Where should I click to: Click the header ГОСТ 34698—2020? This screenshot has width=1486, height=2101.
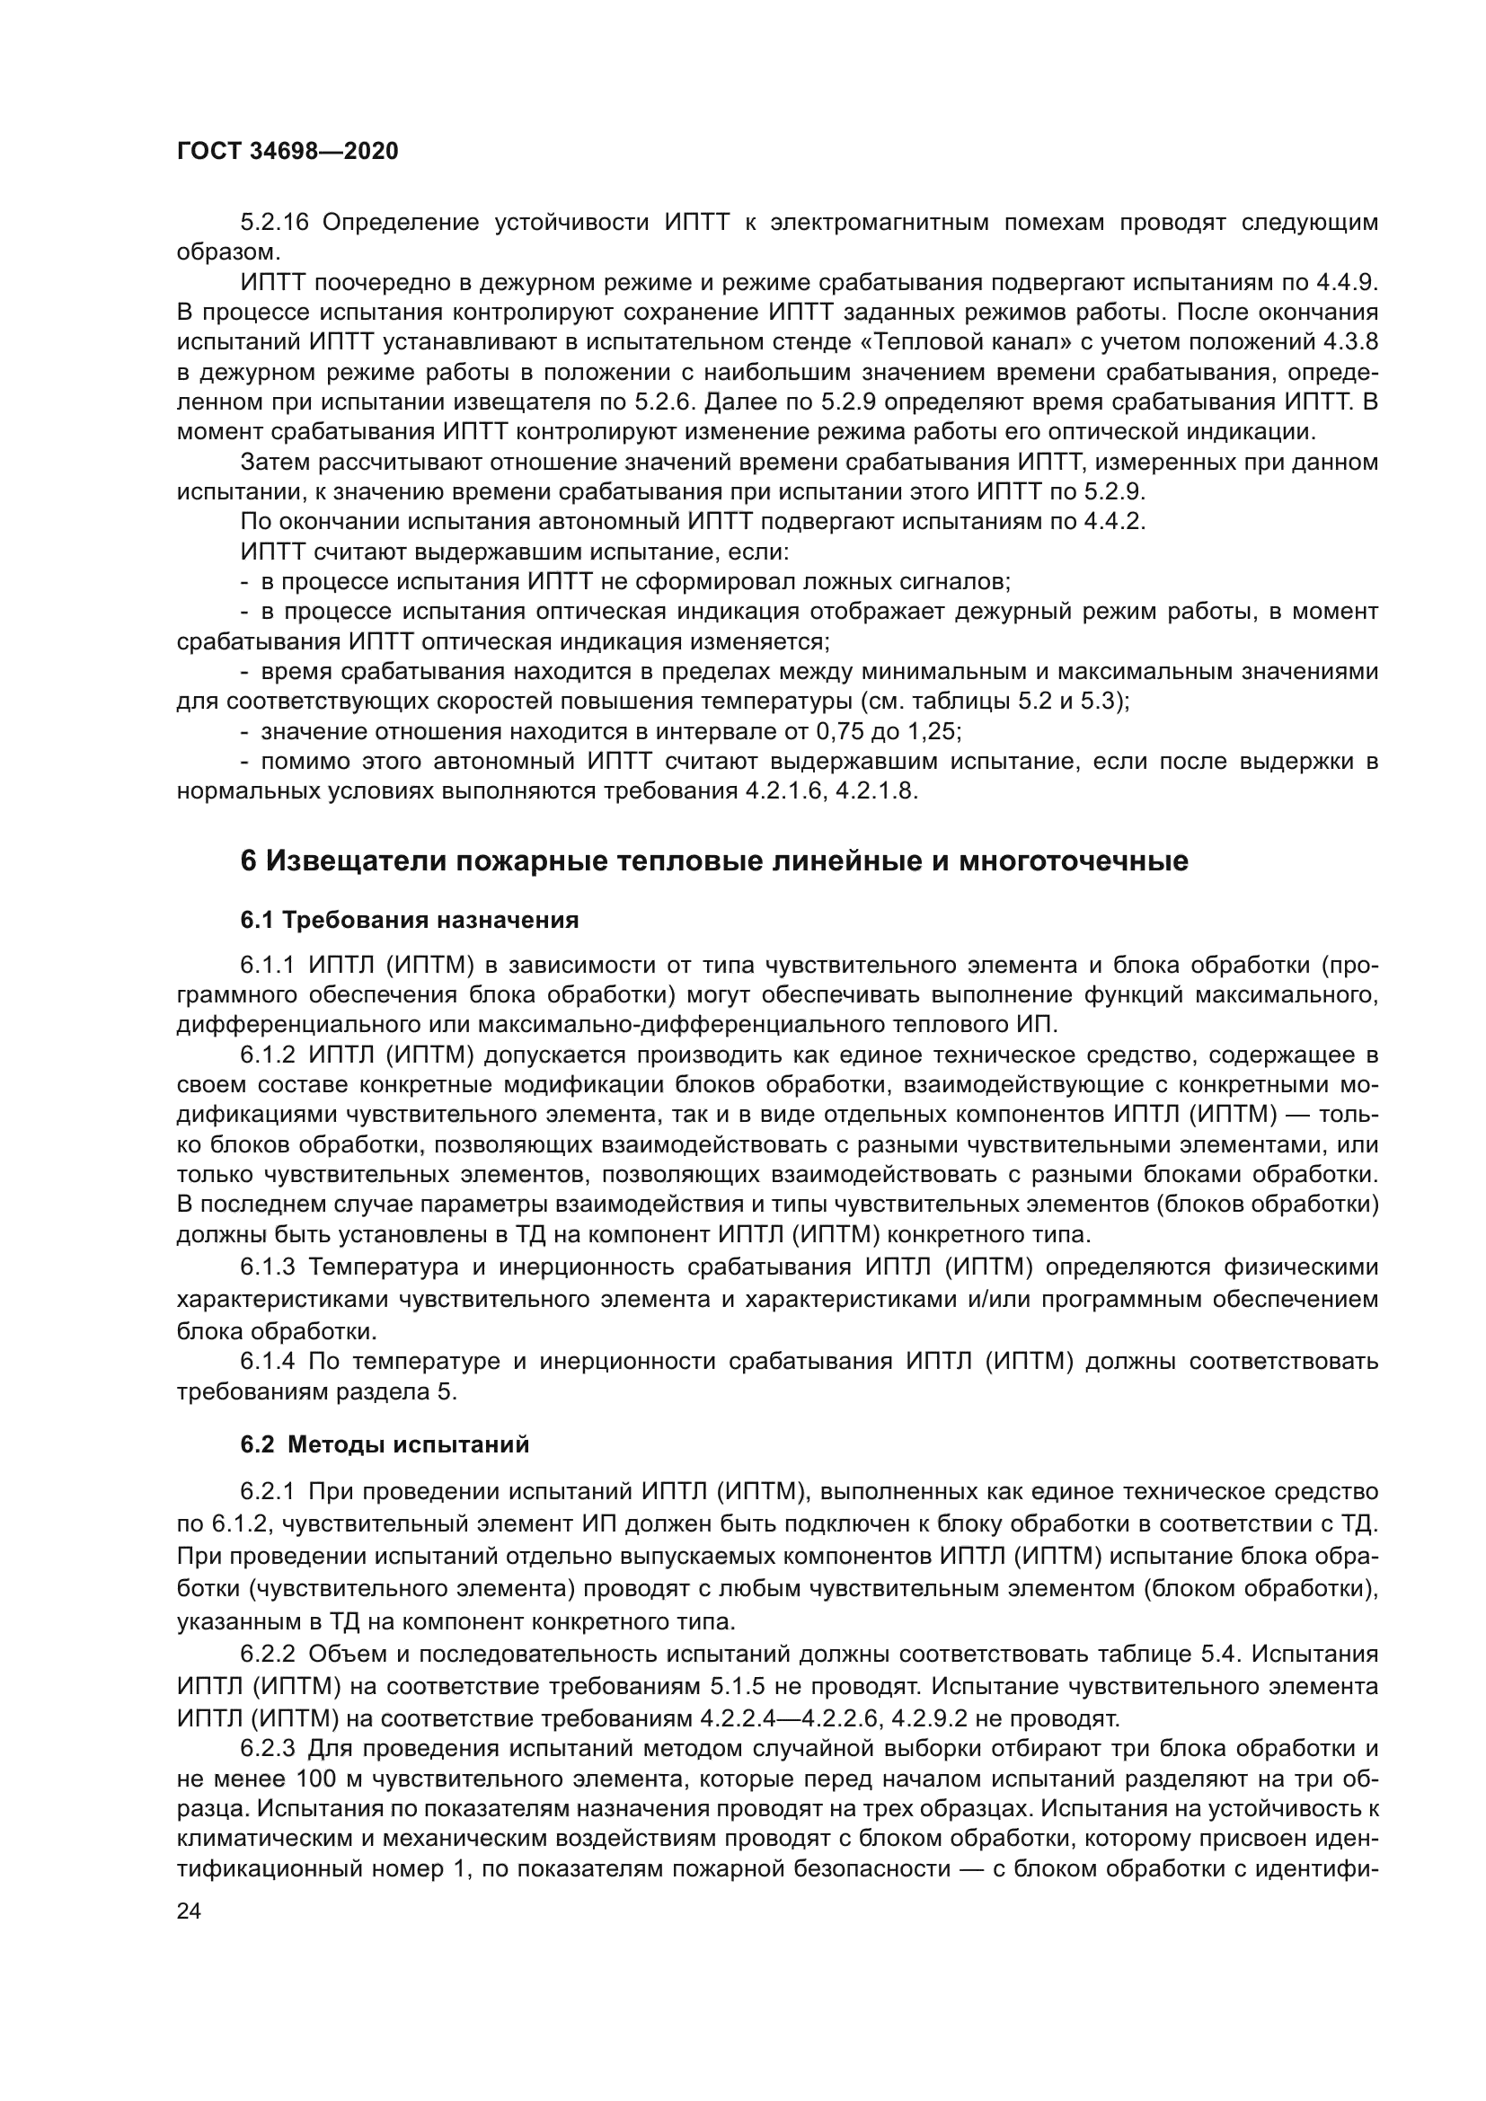click(287, 151)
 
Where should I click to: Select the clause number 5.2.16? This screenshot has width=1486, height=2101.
click(276, 224)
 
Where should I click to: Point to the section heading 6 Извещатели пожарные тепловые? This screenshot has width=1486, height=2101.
click(713, 861)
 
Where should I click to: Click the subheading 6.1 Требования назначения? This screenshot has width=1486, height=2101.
click(409, 920)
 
